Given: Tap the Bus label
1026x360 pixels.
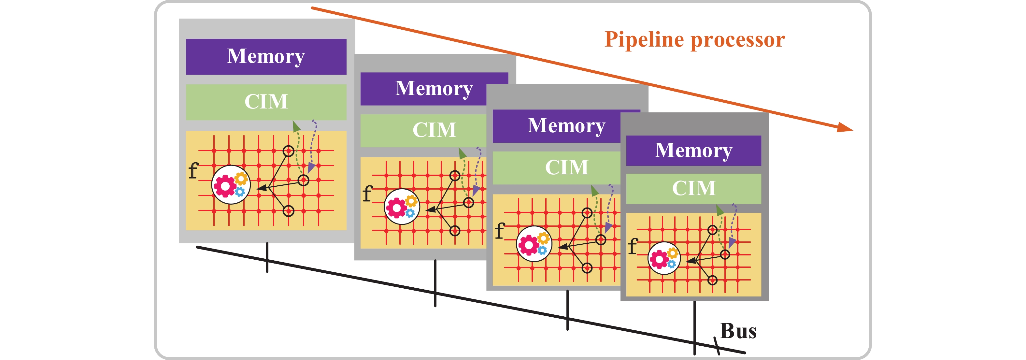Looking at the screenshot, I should pos(738,331).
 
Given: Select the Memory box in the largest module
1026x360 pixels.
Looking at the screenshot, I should pos(266,57).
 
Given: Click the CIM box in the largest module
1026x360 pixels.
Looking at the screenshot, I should pos(266,102).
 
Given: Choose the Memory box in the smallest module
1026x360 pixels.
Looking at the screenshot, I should pos(693,151).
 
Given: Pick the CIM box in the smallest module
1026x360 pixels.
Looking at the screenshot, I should pos(693,188).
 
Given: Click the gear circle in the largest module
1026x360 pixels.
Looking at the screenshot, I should pos(231,185).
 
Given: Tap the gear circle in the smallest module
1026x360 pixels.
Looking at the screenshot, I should pos(664,258).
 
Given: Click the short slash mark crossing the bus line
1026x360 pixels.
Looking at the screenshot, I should pos(717,346).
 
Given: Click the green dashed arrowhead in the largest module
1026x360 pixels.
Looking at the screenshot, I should pos(296,127).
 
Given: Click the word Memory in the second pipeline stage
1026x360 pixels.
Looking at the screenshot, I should pos(434,88).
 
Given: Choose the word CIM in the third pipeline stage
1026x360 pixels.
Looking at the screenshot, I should pos(566,167).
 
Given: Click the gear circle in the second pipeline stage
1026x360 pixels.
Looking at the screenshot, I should pos(402,207).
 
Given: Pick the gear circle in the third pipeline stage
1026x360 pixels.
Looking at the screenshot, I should pos(534,244).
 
